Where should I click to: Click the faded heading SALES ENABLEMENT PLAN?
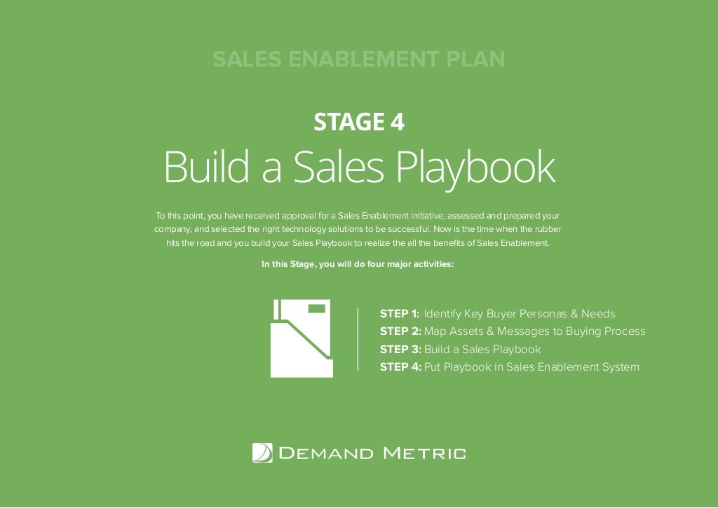(358, 60)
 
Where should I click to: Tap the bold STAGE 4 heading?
(358, 123)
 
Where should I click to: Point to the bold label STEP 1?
(399, 313)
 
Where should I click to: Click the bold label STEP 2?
(400, 331)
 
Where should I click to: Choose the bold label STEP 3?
(400, 349)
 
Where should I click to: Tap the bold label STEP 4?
(400, 366)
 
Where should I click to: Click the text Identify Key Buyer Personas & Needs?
(520, 313)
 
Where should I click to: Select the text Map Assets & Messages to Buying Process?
(534, 331)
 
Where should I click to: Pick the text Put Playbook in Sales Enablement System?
(531, 366)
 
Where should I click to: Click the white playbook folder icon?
(300, 338)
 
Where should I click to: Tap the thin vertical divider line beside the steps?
(358, 339)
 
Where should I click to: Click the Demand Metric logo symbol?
(262, 453)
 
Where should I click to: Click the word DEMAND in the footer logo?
(326, 453)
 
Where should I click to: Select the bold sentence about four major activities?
(358, 265)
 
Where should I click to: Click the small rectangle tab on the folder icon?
(318, 308)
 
